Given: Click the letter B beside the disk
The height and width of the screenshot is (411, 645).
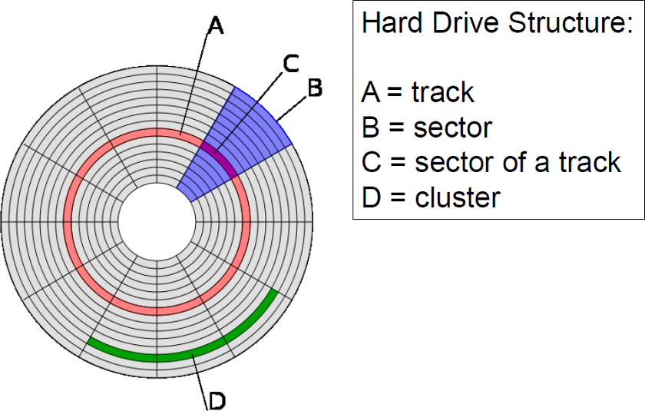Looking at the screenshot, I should pos(314,88).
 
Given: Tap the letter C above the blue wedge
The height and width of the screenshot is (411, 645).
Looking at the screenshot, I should pos(291,64).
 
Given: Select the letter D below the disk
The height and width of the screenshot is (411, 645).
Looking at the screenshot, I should pos(217,399).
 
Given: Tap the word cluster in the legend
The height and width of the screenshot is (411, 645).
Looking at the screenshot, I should pos(457,197).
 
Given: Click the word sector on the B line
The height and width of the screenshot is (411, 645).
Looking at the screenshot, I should pos(452,128).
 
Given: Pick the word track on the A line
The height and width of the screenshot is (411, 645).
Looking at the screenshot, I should pos(443,93).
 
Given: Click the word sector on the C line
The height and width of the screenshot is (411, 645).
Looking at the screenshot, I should pos(452,162).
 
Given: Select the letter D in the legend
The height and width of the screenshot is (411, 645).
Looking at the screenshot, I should pos(370,197).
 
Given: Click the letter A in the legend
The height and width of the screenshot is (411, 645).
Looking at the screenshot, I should pos(371,93).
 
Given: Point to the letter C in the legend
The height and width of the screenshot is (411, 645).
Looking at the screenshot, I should pos(371,162).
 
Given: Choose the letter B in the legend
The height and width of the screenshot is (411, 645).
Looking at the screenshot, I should pos(370,128).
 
